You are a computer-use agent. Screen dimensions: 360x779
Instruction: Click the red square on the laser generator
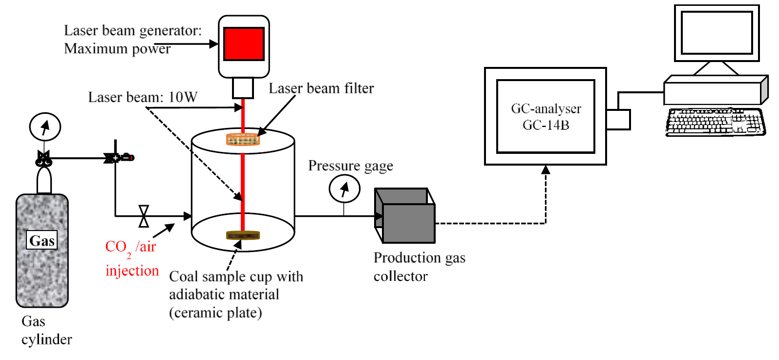pos(244,43)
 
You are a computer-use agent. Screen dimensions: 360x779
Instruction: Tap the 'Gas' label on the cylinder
pos(42,240)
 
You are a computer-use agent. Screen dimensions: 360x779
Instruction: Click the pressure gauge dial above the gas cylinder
pos(45,127)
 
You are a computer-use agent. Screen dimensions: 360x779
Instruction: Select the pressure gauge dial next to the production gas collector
pos(344,189)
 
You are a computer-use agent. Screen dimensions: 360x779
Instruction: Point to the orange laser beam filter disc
pos(243,140)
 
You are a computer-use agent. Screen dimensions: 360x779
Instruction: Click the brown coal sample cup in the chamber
pos(243,235)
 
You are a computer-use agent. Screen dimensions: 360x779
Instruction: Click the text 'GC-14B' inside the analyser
pos(546,126)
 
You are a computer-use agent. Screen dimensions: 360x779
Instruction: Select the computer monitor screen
pos(716,33)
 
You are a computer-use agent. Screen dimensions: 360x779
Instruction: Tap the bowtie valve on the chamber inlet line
pos(144,216)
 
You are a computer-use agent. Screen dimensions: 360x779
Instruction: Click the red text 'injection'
pos(132,271)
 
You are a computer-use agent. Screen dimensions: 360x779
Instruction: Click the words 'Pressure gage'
pos(350,166)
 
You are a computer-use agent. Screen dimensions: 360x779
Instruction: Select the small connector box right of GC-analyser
pos(618,120)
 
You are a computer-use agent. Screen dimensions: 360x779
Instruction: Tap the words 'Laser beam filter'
pos(321,88)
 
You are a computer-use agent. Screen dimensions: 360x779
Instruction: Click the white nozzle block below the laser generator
pos(243,88)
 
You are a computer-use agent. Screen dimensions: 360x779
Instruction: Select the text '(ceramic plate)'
pos(215,313)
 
